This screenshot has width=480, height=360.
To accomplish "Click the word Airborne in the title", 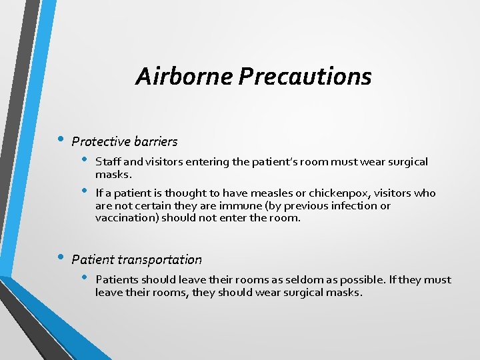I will click(184, 77).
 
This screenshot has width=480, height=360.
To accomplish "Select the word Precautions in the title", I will click(305, 77).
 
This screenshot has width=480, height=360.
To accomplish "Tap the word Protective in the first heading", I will click(99, 141).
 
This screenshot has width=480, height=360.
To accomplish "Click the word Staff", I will click(107, 162).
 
